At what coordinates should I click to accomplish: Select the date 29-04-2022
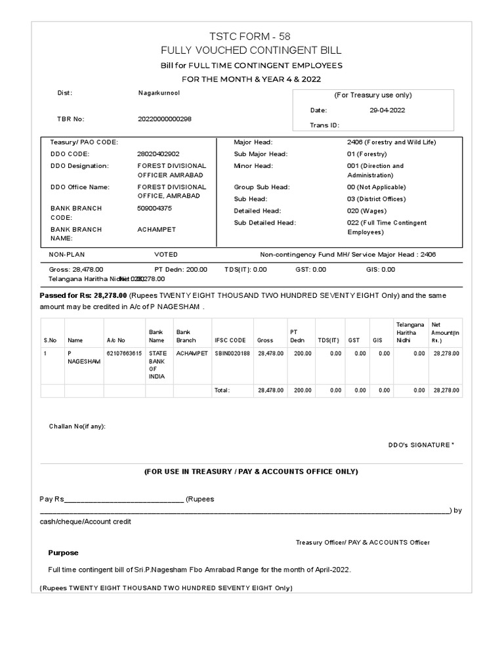click(x=387, y=110)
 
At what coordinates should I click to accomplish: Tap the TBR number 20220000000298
click(x=165, y=119)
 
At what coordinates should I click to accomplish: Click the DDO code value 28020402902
click(x=157, y=154)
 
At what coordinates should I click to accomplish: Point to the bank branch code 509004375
click(x=154, y=209)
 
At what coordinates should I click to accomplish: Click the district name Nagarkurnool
click(x=159, y=93)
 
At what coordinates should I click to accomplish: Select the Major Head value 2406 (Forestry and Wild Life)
click(x=391, y=142)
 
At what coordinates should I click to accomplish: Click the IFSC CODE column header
click(x=230, y=341)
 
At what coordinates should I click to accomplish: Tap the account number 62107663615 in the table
click(x=124, y=353)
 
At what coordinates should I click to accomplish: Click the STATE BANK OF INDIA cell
click(x=157, y=365)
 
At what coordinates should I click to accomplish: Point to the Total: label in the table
click(x=222, y=390)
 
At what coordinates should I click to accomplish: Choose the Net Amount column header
click(x=446, y=333)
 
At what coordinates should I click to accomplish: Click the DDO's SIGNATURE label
click(x=420, y=445)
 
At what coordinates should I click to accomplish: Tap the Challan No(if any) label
click(x=77, y=427)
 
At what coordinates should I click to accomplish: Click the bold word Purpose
click(x=63, y=553)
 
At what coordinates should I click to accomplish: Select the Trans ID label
click(x=325, y=125)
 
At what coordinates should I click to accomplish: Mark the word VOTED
click(x=165, y=255)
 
